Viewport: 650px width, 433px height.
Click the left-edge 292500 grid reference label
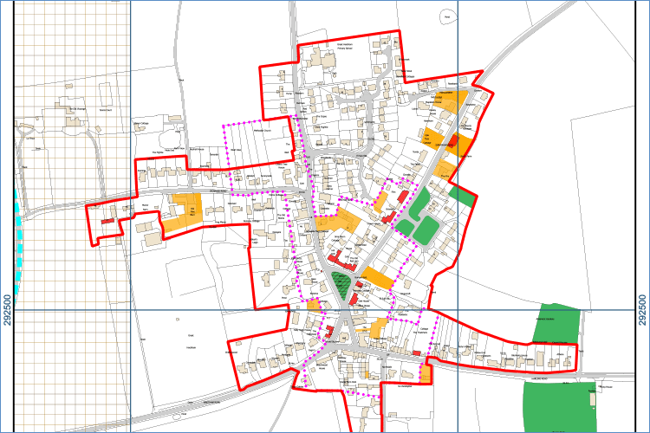coord(8,310)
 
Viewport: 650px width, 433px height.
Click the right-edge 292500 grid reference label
coord(642,310)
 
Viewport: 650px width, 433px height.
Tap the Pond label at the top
coord(446,16)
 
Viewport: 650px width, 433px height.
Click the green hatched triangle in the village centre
coord(344,284)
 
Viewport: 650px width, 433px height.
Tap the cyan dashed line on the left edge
coord(18,234)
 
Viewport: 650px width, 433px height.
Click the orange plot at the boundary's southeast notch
coord(426,374)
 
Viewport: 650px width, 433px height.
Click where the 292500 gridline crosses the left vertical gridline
coord(130,310)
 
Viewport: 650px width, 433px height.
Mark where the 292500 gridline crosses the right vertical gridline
coord(457,310)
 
